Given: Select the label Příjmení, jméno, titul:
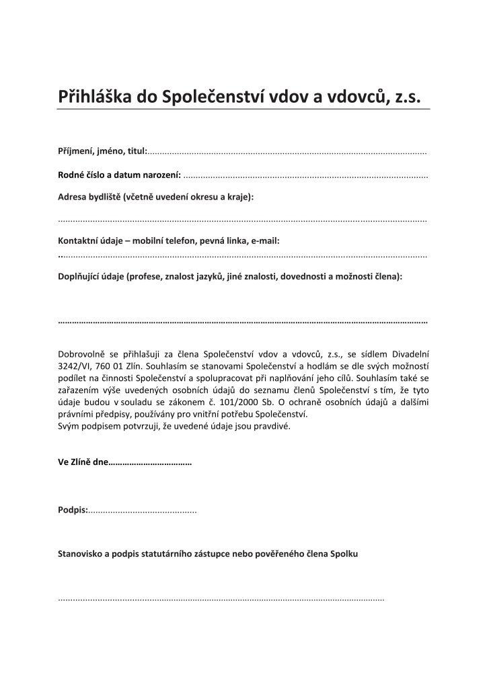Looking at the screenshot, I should click(102, 151).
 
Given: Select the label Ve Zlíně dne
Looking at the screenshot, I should click(83, 464).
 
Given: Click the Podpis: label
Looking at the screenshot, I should click(73, 511).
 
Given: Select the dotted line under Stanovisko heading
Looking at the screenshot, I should click(222, 598).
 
